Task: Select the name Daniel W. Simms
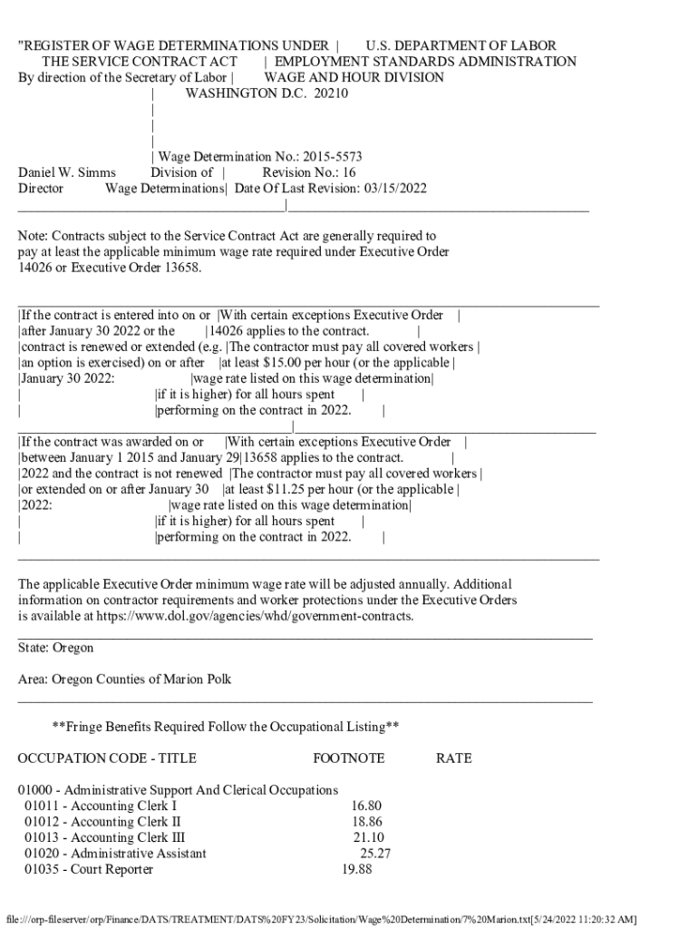coord(67,172)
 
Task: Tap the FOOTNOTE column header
coord(348,758)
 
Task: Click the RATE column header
coord(453,758)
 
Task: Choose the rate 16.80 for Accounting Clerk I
coord(366,806)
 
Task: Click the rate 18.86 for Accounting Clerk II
coord(368,822)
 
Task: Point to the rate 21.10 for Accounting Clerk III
coord(369,837)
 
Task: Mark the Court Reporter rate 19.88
coord(357,869)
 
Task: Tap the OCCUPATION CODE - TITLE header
coord(107,758)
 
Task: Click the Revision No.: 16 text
coord(309,172)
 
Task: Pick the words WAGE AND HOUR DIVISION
coord(354,77)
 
